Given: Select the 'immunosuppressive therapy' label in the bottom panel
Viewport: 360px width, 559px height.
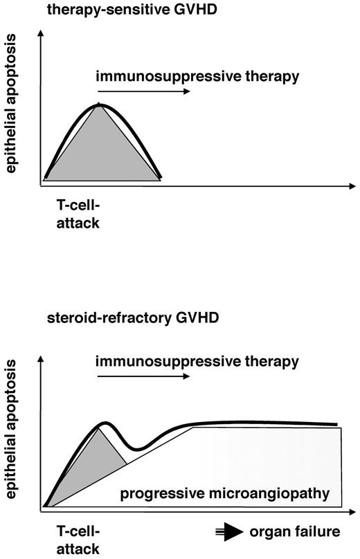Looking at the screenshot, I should pyautogui.click(x=197, y=360).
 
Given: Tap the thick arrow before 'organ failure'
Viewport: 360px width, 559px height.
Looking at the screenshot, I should pyautogui.click(x=228, y=532).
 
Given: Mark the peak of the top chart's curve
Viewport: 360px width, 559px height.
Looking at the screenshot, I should pyautogui.click(x=100, y=104).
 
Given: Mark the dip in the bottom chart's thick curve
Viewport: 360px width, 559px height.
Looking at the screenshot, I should pyautogui.click(x=138, y=449).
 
